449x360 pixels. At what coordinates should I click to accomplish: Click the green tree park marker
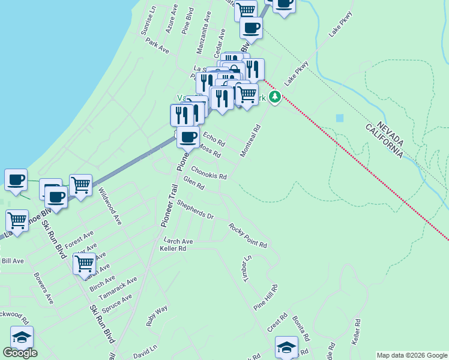(275, 97)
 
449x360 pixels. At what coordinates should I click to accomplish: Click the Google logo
(20, 353)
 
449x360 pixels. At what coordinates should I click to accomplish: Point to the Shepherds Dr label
(194, 211)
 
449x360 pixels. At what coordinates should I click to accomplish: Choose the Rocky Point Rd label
(247, 235)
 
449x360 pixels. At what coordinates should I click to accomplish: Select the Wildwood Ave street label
(110, 206)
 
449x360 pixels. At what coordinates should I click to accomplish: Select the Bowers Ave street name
(44, 289)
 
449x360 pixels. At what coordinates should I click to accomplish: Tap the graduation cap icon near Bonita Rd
(286, 347)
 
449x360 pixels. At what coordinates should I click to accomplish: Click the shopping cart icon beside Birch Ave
(84, 262)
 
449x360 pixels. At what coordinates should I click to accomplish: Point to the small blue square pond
(340, 118)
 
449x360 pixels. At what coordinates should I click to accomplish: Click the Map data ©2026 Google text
(412, 355)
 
